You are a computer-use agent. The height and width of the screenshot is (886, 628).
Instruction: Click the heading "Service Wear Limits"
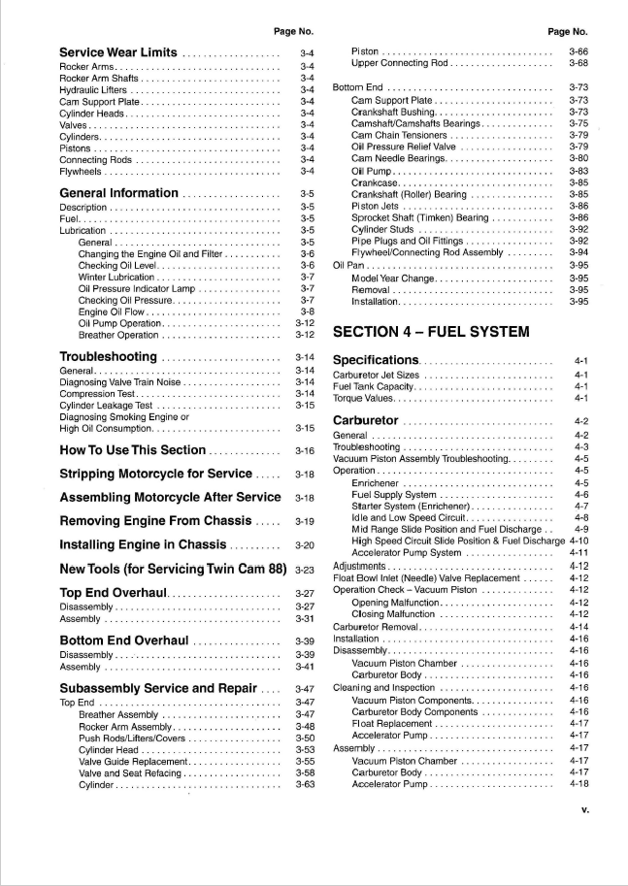tap(117, 52)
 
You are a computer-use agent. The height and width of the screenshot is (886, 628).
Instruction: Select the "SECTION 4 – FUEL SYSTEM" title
tap(431, 332)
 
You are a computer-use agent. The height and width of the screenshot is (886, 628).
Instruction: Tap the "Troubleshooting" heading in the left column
tap(109, 357)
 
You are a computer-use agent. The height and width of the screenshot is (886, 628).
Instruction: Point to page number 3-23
tap(305, 569)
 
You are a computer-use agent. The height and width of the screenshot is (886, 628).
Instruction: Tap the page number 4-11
tap(579, 553)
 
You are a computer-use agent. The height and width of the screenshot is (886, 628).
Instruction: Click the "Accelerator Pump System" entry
tap(407, 553)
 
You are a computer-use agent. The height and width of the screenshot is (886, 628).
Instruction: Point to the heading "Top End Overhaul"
tap(115, 593)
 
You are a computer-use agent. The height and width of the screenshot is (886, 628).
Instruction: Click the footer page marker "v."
tap(584, 809)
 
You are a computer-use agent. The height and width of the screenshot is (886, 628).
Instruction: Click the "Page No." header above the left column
tap(293, 31)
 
